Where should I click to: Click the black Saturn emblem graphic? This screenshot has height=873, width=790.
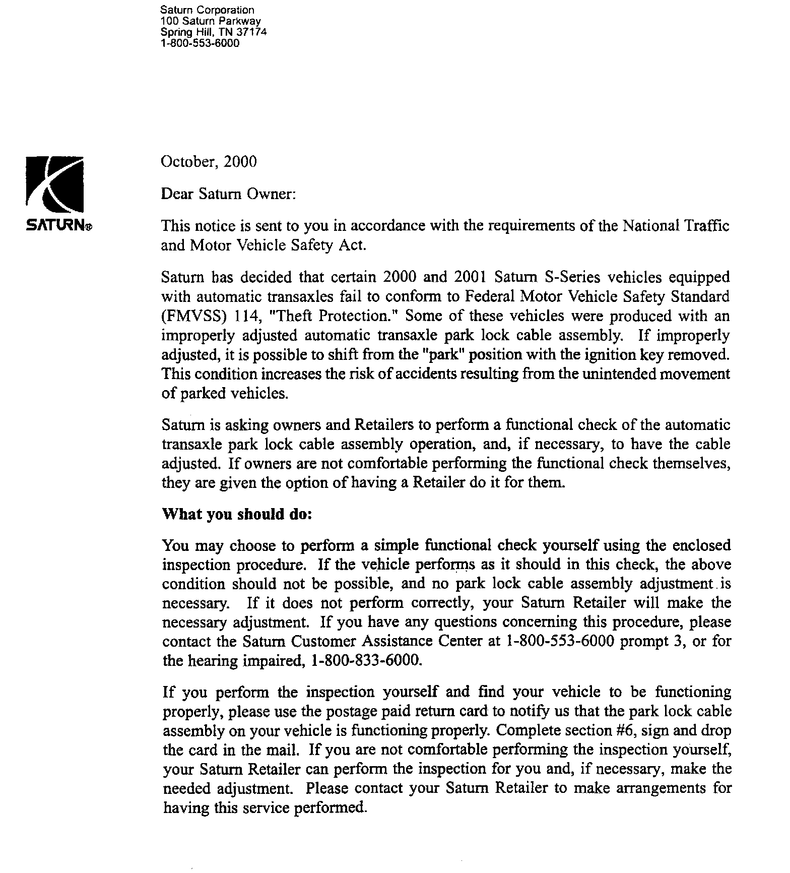[x=55, y=184]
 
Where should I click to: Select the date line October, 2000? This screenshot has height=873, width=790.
[x=209, y=162]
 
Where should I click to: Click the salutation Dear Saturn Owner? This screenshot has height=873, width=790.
[x=227, y=194]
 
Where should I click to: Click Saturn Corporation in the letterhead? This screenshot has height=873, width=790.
[x=207, y=10]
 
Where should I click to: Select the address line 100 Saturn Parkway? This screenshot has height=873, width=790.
[x=211, y=21]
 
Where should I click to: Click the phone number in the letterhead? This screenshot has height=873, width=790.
[x=200, y=43]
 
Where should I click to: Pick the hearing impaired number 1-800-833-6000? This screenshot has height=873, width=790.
[x=366, y=660]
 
